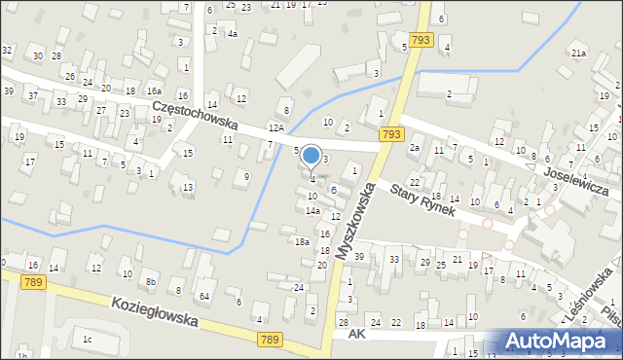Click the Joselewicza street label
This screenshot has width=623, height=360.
click(583, 182)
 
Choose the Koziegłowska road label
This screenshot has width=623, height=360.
click(155, 312)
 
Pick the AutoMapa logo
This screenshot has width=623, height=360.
click(561, 342)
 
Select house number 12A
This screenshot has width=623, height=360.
click(276, 127)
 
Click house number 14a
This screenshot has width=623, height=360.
click(312, 210)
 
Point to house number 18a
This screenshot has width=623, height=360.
click(303, 241)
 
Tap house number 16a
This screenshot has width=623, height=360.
click(154, 90)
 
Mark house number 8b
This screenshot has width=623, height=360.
click(150, 282)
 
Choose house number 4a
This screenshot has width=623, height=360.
click(232, 34)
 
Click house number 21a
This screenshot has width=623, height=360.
click(578, 53)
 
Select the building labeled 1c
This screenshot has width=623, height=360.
click(87, 339)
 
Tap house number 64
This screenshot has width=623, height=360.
click(204, 296)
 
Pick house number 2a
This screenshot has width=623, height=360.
click(414, 148)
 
